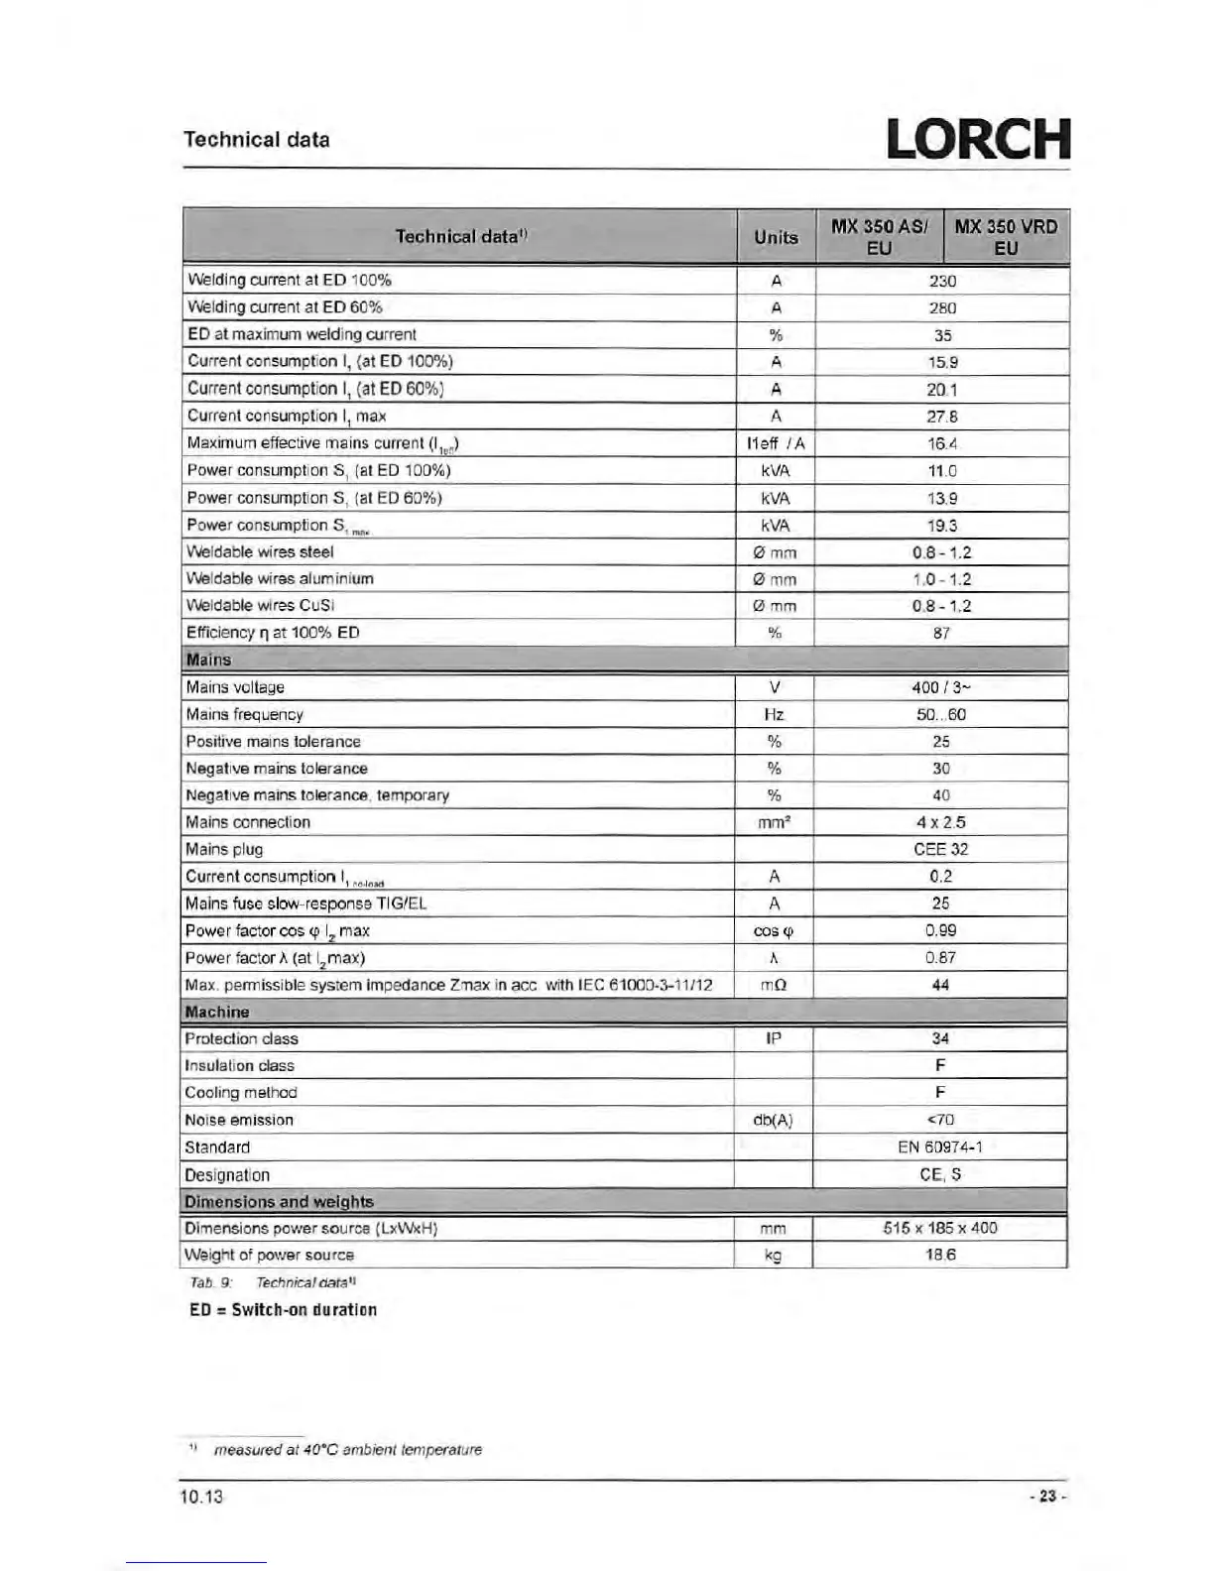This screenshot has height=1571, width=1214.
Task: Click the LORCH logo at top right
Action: [977, 140]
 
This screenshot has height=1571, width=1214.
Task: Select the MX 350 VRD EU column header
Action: [1006, 237]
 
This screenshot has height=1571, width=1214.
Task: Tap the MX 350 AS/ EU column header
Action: [879, 237]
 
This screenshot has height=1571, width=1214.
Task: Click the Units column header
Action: [776, 237]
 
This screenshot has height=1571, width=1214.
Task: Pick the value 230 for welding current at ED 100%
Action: [941, 281]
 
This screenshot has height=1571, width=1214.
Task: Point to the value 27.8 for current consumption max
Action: [941, 417]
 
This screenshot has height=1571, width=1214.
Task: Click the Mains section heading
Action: [208, 660]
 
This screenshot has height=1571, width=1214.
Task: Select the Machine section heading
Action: [216, 1012]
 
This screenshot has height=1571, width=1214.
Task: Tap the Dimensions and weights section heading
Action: [279, 1201]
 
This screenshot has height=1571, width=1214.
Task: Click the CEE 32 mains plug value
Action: [940, 849]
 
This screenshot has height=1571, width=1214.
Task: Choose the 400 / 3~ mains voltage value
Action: [940, 687]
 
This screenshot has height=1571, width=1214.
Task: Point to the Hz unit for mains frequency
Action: [774, 714]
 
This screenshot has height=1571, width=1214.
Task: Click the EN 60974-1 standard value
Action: [939, 1147]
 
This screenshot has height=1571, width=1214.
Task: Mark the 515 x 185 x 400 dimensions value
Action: [939, 1228]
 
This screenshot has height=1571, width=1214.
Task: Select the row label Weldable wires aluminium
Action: [280, 578]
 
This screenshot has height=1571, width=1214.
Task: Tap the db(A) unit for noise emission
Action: [773, 1120]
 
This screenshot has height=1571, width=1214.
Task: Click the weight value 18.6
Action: [939, 1255]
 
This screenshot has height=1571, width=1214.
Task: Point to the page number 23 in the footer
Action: [1046, 1497]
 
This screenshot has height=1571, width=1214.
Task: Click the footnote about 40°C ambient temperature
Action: [347, 1449]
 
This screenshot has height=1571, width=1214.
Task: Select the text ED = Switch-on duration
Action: [283, 1309]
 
